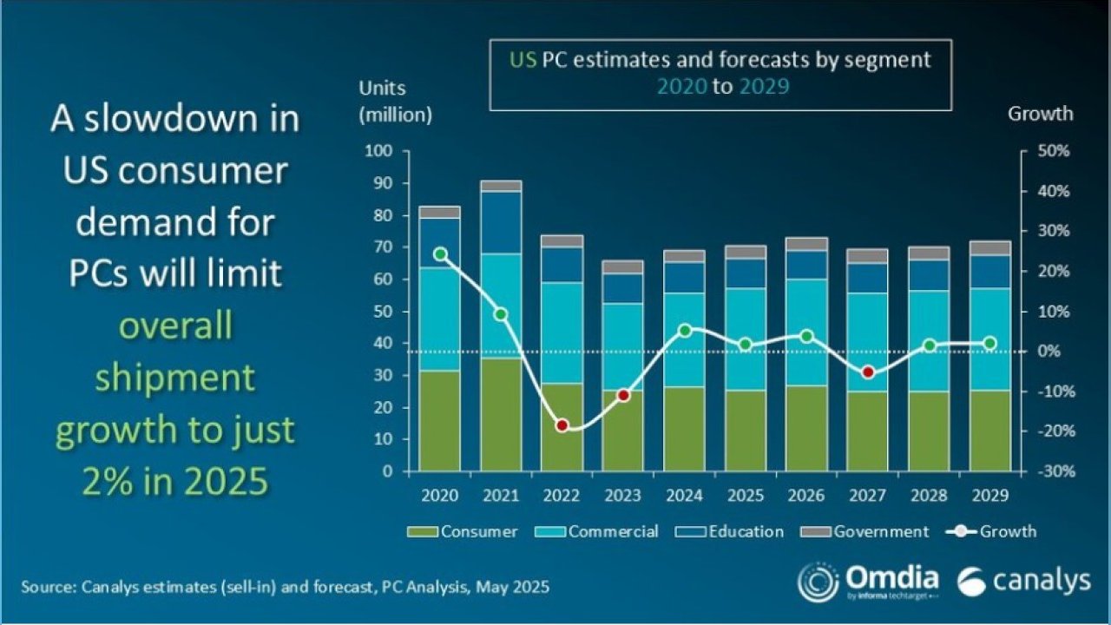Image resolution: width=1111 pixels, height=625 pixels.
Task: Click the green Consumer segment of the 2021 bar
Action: [x=501, y=415]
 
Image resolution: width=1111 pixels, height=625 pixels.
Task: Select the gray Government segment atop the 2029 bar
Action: [x=990, y=248]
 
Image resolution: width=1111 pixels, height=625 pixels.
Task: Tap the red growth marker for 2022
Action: [x=562, y=425]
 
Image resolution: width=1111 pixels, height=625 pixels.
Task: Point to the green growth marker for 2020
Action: [x=440, y=254]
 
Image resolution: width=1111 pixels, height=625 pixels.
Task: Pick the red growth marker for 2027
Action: [x=867, y=372]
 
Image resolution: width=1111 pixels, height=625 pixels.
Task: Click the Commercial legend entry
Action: [x=604, y=531]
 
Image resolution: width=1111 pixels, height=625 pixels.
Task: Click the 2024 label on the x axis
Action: [x=684, y=496]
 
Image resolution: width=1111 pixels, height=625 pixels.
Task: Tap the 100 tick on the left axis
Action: [x=383, y=152]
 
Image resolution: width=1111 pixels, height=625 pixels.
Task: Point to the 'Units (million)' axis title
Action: [x=395, y=101]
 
